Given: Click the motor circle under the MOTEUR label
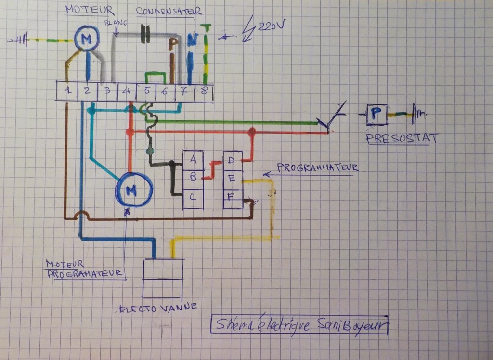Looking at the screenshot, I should coord(87,38).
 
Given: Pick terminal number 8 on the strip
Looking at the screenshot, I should coord(204,91).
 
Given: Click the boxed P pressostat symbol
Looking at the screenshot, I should coord(377,115).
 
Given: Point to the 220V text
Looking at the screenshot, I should coord(271,27).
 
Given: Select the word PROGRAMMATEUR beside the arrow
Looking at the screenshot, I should coord(317,167).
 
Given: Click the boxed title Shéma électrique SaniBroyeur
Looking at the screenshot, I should coord(300,325).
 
